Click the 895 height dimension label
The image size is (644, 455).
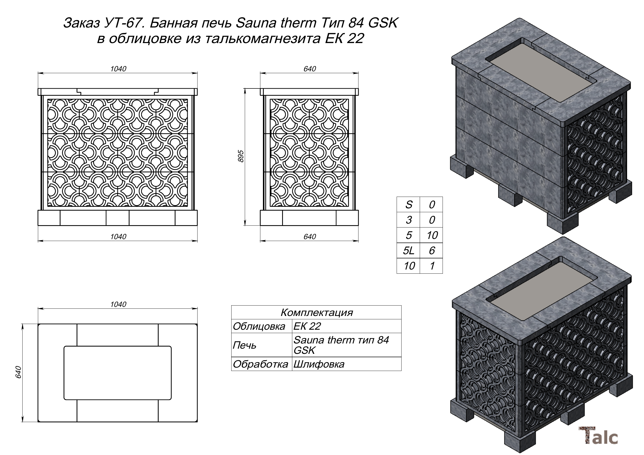241,156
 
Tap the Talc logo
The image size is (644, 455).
598,436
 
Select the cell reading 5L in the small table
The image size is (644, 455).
408,250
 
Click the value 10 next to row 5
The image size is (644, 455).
432,235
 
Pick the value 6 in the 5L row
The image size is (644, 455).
432,250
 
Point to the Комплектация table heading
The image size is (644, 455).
316,312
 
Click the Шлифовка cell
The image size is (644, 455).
319,364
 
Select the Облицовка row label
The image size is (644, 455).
259,326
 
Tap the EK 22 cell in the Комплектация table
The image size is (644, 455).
307,326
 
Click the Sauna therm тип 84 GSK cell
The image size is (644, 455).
341,345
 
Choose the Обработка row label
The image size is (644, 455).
260,364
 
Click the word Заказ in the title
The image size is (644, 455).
81,23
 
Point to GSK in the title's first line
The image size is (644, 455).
383,23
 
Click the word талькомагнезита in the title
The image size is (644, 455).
263,39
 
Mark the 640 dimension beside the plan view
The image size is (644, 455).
18,372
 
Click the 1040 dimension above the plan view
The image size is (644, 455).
118,305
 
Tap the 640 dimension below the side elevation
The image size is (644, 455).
310,237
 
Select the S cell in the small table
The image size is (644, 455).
408,205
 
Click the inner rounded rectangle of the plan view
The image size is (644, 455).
118,373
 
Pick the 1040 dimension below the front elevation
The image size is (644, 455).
118,237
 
